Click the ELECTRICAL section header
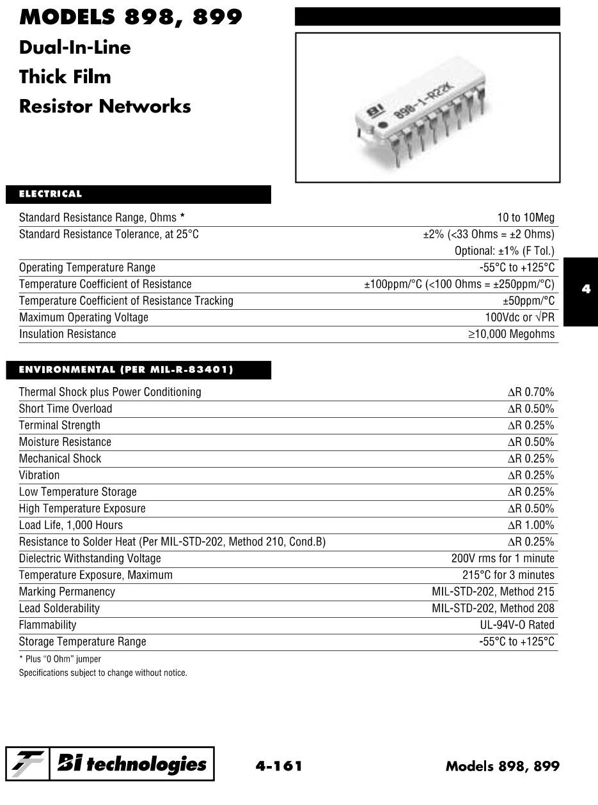click(51, 194)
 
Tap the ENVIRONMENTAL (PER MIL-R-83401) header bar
click(126, 370)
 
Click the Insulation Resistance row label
click(68, 334)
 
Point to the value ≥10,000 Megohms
click(511, 334)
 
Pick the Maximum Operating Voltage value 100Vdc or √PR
click(519, 318)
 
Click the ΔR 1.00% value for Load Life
click(531, 525)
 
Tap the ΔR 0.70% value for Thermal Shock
click(531, 392)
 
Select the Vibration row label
click(39, 475)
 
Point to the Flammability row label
click(47, 625)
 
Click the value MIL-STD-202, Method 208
click(493, 608)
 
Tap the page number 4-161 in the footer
click(278, 765)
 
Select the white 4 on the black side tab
click(586, 289)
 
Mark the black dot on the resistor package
click(382, 124)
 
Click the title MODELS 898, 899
click(130, 17)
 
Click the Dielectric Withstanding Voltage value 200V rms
click(503, 558)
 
